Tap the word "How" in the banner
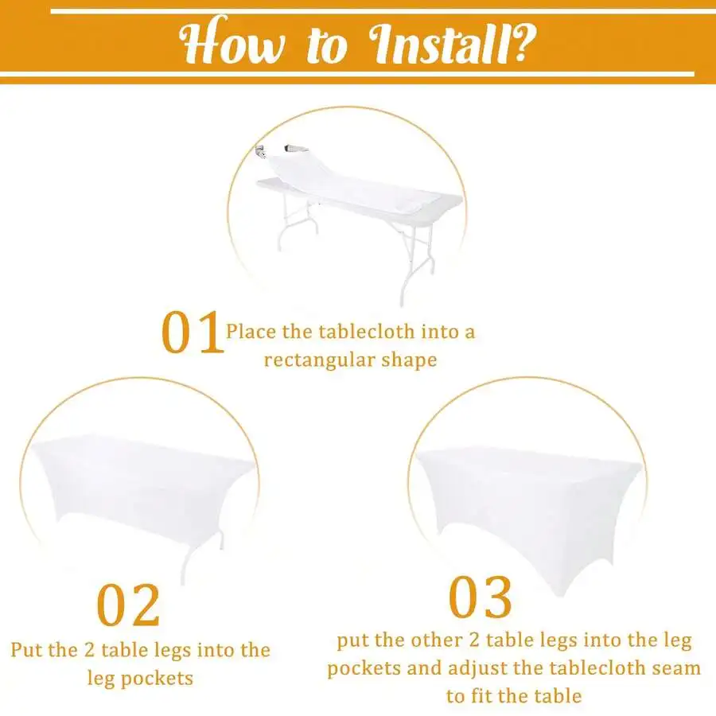pyautogui.click(x=232, y=41)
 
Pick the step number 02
pyautogui.click(x=128, y=605)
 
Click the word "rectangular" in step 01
pyautogui.click(x=320, y=360)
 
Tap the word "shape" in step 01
pyautogui.click(x=409, y=360)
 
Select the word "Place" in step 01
pyautogui.click(x=251, y=332)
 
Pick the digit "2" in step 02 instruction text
pyautogui.click(x=89, y=650)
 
